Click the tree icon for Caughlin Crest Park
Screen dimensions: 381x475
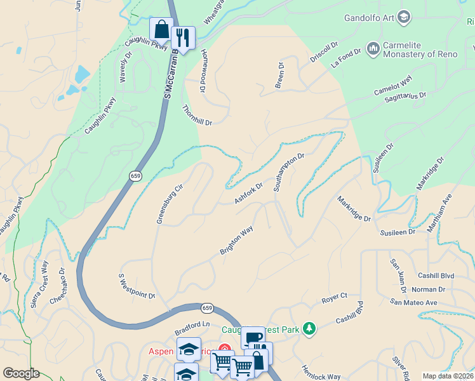309,328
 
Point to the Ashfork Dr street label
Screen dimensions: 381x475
248,193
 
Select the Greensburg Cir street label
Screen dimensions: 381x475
170,203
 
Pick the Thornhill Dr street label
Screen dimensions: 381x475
196,115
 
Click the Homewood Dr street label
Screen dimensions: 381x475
204,71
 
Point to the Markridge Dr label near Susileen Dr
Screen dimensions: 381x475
354,208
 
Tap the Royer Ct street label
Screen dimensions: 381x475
335,296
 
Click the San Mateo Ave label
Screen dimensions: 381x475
414,302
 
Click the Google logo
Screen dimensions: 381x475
21,373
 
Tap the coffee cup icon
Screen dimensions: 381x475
252,338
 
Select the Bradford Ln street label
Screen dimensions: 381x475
192,325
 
